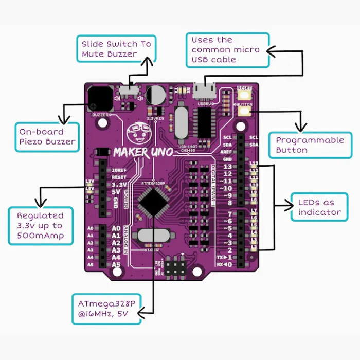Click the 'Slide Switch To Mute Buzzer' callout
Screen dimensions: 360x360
coord(116,49)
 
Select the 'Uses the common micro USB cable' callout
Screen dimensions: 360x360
coord(227,50)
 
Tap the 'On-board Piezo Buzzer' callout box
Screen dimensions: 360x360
coord(47,136)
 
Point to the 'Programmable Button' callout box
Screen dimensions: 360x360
coord(310,145)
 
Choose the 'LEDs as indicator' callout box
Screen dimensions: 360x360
coord(319,207)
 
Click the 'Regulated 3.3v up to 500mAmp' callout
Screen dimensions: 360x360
coord(40,225)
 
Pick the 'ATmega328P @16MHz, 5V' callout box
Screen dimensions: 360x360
coord(106,309)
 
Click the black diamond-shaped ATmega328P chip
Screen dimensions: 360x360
coord(152,201)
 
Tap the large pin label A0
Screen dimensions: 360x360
coord(116,228)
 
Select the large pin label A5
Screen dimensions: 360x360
coord(116,265)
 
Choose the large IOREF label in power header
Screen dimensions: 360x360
coord(119,170)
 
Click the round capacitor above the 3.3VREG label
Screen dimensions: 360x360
coord(156,96)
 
